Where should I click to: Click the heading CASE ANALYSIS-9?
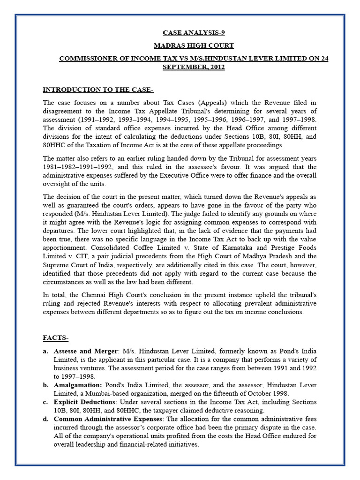pyautogui.click(x=191, y=33)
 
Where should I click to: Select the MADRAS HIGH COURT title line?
pyautogui.click(x=194, y=45)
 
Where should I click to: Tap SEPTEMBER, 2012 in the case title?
pyautogui.click(x=194, y=67)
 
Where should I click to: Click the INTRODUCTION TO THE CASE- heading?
pyautogui.click(x=98, y=90)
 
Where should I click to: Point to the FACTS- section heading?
pyautogui.click(x=56, y=338)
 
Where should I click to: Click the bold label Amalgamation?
pyautogui.click(x=77, y=385)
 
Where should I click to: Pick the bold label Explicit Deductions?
pyautogui.click(x=85, y=402)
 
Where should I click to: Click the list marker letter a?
pyautogui.click(x=45, y=351)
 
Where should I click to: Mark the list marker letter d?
pyautogui.click(x=45, y=420)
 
